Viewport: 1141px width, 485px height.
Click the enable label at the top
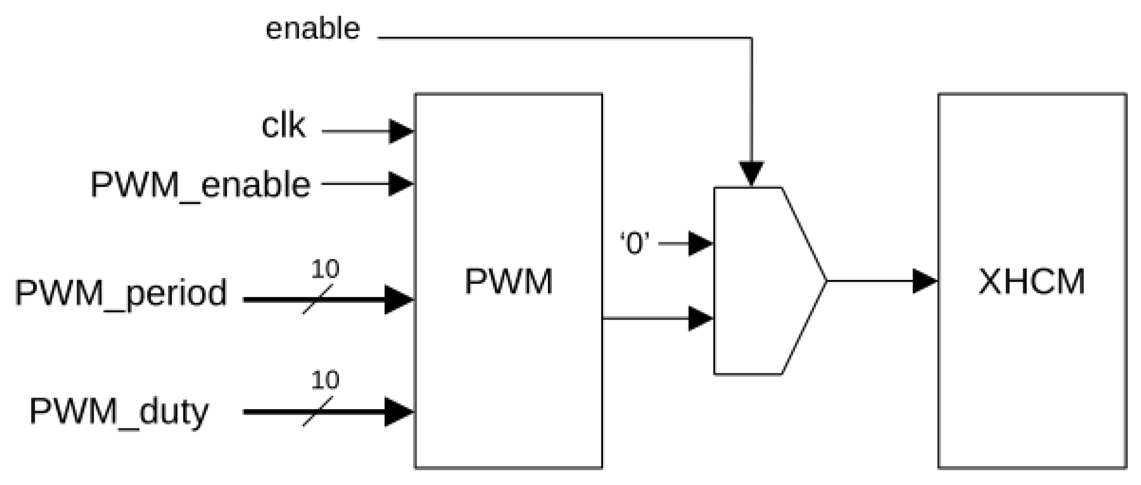tap(313, 29)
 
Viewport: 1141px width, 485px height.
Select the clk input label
tap(283, 126)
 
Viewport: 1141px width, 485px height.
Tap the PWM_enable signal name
tap(200, 185)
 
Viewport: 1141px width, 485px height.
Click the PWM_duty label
tap(119, 412)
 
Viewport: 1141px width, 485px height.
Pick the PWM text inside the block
tap(509, 282)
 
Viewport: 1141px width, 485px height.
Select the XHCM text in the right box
tap(1032, 282)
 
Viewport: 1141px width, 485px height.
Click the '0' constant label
tap(634, 243)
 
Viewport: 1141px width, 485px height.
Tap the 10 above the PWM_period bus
tap(325, 269)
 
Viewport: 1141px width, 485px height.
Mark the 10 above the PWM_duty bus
tap(325, 380)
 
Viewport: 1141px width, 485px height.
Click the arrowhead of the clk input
tap(401, 131)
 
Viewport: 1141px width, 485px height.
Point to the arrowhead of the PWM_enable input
tap(401, 183)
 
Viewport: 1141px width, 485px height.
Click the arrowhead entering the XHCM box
tap(925, 281)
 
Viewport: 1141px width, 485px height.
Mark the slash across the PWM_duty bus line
tap(318, 412)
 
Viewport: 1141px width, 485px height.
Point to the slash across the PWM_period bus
tap(318, 300)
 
